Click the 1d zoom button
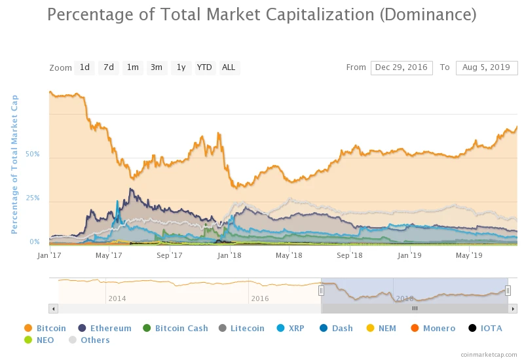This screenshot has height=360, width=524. click(x=84, y=67)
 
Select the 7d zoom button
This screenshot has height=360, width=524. click(x=109, y=67)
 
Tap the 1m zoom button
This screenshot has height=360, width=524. click(x=133, y=67)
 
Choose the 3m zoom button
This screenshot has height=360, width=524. click(x=157, y=67)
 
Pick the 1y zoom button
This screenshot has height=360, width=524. click(x=181, y=67)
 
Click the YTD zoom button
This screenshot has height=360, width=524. click(x=204, y=67)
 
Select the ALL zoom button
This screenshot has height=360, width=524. click(x=229, y=67)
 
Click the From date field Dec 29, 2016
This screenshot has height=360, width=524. click(x=402, y=67)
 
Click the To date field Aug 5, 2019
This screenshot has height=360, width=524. click(x=487, y=67)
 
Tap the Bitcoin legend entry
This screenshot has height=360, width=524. click(x=51, y=328)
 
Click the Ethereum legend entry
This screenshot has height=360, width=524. click(x=110, y=328)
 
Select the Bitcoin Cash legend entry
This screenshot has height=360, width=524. click(x=181, y=328)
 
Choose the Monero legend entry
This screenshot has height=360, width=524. click(x=438, y=328)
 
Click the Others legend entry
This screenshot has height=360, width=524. click(x=95, y=340)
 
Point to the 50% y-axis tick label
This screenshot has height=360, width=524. click(x=33, y=154)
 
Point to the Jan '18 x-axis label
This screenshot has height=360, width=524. click(x=229, y=255)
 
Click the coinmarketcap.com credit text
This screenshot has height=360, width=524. click(x=488, y=353)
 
